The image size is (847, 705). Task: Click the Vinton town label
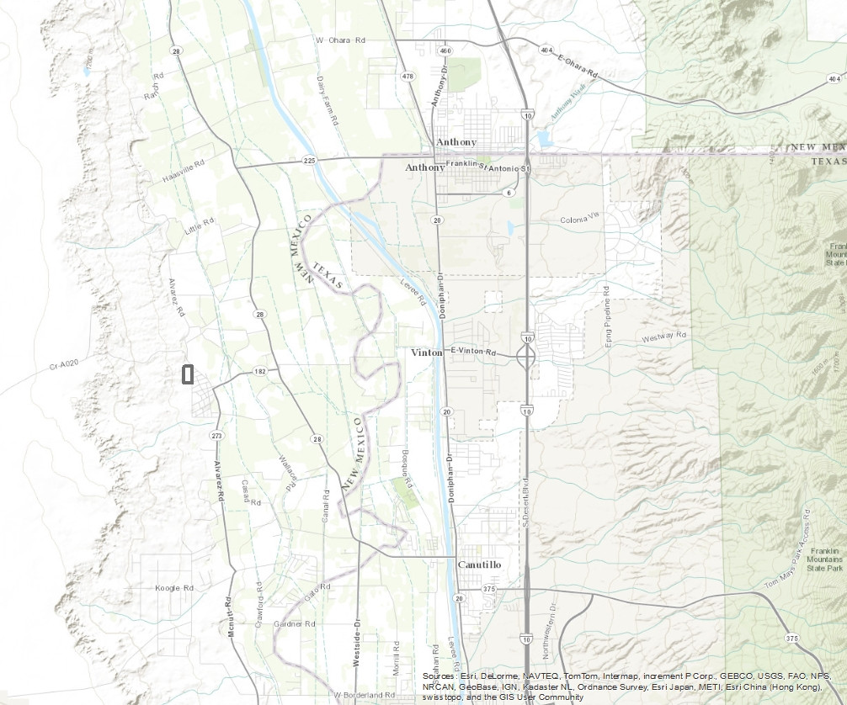426,352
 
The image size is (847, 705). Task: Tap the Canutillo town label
479,565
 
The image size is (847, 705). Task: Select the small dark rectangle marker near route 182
188,374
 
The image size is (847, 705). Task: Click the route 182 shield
260,371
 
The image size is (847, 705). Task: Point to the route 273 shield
216,436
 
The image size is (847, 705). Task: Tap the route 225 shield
309,160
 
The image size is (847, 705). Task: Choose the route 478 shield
408,77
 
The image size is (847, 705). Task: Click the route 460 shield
445,50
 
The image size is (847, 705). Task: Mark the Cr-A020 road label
63,364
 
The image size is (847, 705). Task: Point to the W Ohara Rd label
340,40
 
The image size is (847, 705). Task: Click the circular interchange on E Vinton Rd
526,358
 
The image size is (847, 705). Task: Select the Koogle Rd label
175,588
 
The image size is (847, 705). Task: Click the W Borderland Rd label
364,696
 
